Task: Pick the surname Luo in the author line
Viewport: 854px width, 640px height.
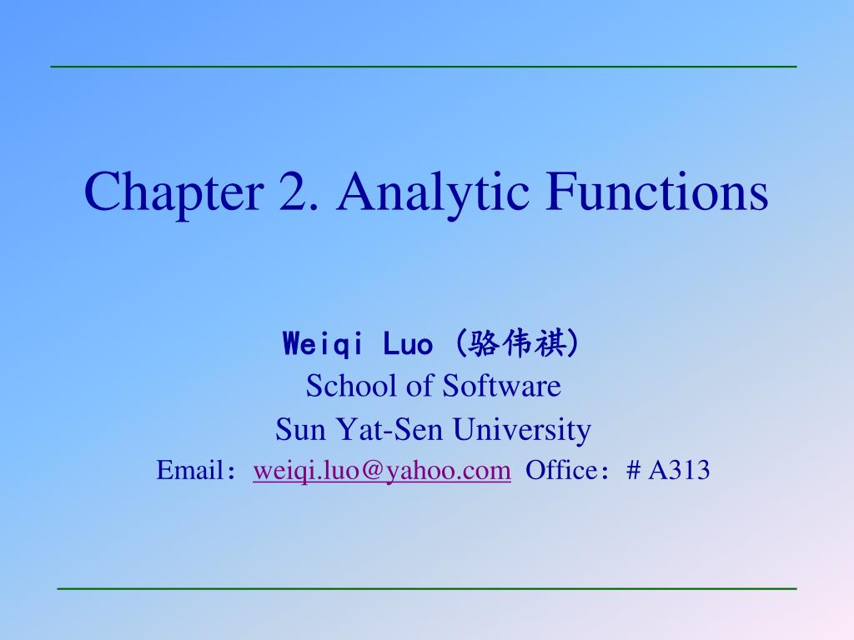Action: (x=409, y=343)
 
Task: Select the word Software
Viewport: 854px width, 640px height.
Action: (x=502, y=386)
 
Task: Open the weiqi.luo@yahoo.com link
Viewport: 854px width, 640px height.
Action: (x=382, y=472)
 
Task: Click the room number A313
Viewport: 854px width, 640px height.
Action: (x=679, y=471)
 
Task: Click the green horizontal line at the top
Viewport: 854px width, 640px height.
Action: (x=424, y=66)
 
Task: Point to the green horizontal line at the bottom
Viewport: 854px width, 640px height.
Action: (x=427, y=588)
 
